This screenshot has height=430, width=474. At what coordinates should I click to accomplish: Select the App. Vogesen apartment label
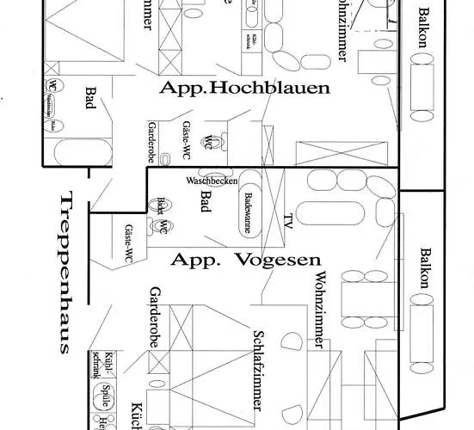point(246,259)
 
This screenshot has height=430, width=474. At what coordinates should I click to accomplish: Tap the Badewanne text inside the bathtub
point(249,212)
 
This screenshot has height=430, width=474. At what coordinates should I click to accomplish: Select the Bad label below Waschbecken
point(206,200)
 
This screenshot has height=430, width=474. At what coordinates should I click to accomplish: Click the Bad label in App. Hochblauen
point(91,96)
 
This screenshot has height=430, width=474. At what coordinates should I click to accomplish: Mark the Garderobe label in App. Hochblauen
point(151,141)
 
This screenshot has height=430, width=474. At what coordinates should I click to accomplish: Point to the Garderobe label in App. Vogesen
point(156,312)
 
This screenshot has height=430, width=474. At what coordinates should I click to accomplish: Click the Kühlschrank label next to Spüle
point(111,364)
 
